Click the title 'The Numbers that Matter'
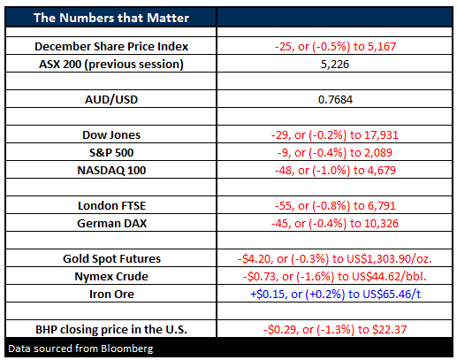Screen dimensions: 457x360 point(111,18)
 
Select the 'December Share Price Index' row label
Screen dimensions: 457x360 point(111,46)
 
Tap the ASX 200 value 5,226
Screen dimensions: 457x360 point(335,65)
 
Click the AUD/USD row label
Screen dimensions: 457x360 point(111,100)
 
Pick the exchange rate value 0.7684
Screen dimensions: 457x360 point(335,100)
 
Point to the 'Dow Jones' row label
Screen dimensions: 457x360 point(111,135)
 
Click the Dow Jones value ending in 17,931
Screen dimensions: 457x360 point(335,135)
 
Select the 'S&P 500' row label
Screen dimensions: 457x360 point(111,153)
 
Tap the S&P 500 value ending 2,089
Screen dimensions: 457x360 point(335,153)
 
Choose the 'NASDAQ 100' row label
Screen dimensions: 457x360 point(111,171)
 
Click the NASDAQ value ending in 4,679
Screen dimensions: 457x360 point(335,171)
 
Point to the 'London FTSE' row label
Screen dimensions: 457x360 point(111,206)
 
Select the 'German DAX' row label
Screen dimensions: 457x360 point(111,224)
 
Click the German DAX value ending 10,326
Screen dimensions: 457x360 point(335,224)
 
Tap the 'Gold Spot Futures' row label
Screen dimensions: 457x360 point(111,259)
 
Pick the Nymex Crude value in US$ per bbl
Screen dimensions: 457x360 point(335,277)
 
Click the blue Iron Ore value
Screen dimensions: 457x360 point(335,295)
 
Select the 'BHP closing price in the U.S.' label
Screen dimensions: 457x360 point(111,330)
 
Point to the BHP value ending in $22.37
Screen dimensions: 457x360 point(335,330)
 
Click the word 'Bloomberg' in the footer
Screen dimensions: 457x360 point(127,349)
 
